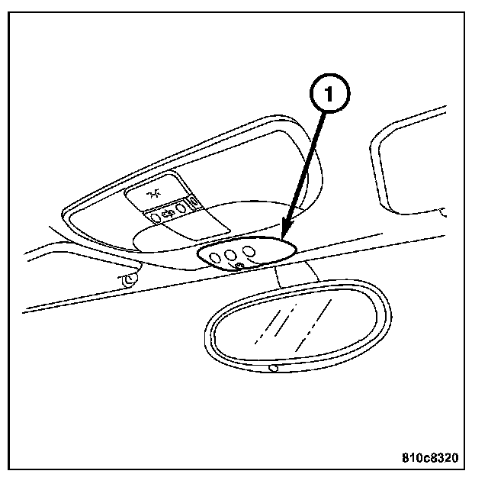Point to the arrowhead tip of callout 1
pos(281,239)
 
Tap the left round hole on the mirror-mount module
pos(217,256)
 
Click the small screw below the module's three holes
pos(239,265)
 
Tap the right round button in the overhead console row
pos(181,207)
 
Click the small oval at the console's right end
pos(193,202)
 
